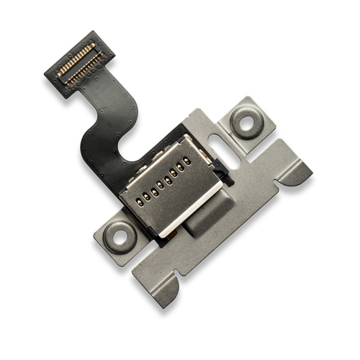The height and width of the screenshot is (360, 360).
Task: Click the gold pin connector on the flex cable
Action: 77,64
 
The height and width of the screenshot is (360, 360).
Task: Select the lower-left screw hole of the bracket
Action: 117,233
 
